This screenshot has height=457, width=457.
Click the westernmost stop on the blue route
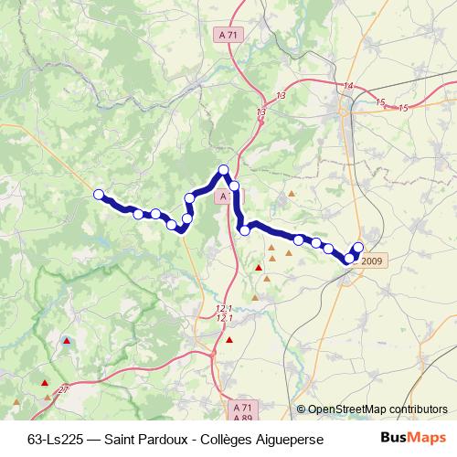point(99,193)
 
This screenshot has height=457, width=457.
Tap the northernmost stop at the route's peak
point(223,169)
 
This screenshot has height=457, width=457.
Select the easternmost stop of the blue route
point(358,248)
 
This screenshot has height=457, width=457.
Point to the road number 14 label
point(347,86)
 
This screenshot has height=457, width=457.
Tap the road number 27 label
point(62,390)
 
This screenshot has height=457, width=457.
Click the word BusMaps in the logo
point(407,437)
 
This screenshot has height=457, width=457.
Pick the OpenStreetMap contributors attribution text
point(377,409)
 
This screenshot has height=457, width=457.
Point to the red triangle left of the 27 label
point(46,397)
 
